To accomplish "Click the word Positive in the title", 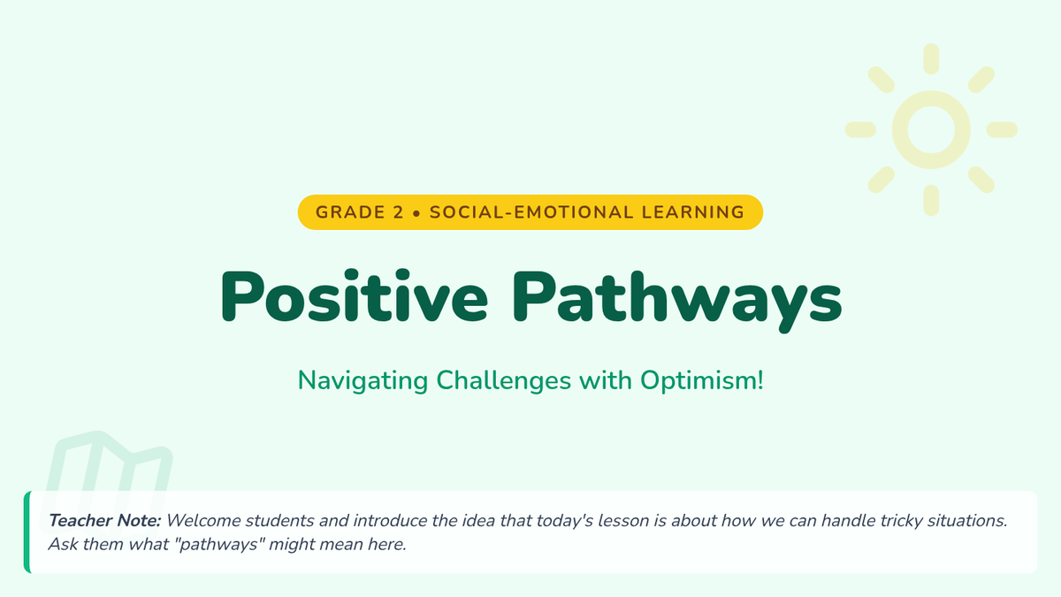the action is [x=354, y=296].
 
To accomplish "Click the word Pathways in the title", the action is [x=677, y=301].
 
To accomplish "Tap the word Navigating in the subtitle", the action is [x=363, y=381].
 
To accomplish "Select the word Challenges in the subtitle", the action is [x=503, y=380].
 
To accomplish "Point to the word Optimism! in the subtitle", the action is [x=702, y=380].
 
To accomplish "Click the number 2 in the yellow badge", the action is [x=398, y=212].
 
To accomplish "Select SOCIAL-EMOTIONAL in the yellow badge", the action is [x=531, y=212].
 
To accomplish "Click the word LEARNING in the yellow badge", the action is [x=693, y=212].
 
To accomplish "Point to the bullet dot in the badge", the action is [x=416, y=214].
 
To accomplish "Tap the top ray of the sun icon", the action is [x=931, y=59].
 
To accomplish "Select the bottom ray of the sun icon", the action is [x=931, y=201].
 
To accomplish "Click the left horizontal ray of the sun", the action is [x=860, y=130].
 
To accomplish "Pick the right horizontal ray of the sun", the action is [x=1002, y=130].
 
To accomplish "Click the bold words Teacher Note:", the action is [x=104, y=521].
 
